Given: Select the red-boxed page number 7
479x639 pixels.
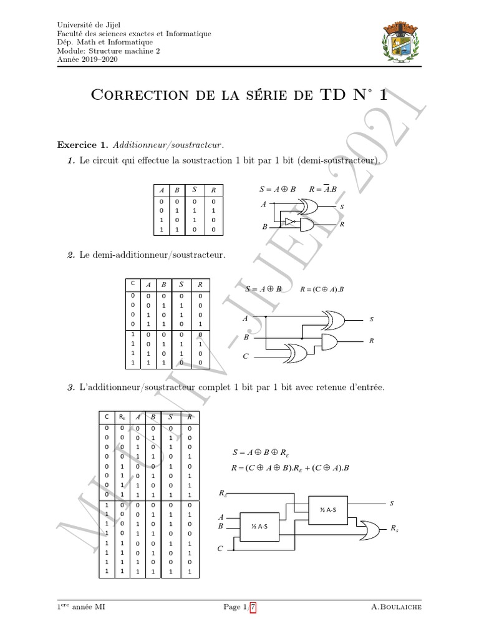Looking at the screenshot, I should (x=253, y=607).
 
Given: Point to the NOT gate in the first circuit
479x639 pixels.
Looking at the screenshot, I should (x=289, y=222).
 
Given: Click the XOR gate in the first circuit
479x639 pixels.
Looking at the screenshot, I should (x=307, y=205).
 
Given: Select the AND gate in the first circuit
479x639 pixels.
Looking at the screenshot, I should (x=308, y=225).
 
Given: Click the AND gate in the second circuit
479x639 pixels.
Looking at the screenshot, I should (x=329, y=341).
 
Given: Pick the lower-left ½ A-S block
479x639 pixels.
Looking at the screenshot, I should (x=260, y=526).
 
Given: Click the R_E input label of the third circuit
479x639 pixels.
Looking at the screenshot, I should (x=223, y=494).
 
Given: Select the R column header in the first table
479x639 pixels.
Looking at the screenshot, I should (x=213, y=190).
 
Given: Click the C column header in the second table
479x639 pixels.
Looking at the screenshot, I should (x=132, y=284).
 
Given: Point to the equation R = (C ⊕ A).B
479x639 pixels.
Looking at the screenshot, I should (x=323, y=290).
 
